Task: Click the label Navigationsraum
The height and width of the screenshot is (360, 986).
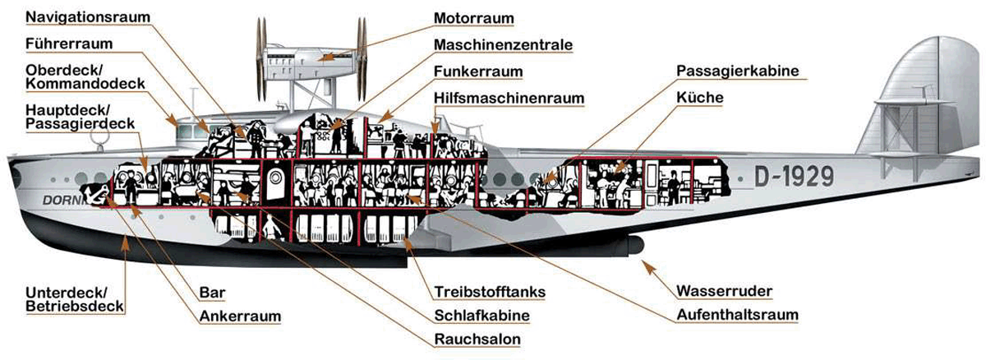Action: (x=88, y=17)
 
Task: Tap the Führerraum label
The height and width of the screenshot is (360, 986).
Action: (x=69, y=44)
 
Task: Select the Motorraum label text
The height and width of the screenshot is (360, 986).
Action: (x=473, y=18)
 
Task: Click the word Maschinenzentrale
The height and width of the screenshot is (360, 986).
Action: (x=503, y=44)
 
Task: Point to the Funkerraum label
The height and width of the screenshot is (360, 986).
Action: (x=478, y=72)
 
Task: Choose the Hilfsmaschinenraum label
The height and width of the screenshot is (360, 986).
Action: (x=509, y=98)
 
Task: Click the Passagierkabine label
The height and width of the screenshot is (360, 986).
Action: (x=737, y=71)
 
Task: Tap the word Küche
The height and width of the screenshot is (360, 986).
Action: (x=700, y=97)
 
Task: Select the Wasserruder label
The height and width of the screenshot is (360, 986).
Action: (x=724, y=291)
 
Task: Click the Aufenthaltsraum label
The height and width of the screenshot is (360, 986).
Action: (x=737, y=315)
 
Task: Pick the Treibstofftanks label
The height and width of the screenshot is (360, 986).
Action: (x=490, y=292)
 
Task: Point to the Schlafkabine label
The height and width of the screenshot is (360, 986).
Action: (x=481, y=315)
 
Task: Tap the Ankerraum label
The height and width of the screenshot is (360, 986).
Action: (x=240, y=316)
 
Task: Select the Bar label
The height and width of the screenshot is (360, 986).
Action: (x=212, y=293)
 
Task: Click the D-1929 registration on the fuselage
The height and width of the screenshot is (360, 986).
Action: (x=794, y=177)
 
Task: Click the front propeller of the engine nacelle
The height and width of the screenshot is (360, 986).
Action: (x=262, y=59)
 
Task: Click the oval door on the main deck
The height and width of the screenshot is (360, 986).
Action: (x=275, y=182)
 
